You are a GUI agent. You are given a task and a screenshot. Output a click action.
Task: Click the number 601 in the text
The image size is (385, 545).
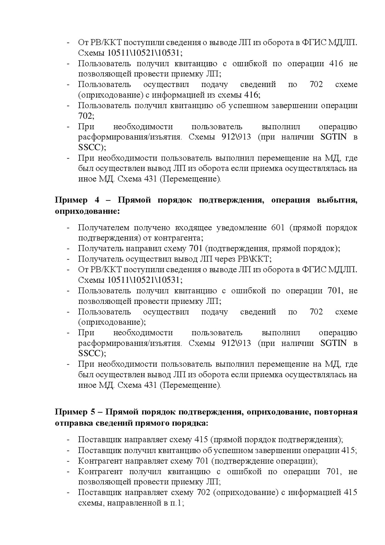pyautogui.click(x=278, y=228)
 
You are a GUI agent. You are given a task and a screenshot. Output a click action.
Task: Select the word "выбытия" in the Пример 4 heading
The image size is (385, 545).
pyautogui.click(x=337, y=200)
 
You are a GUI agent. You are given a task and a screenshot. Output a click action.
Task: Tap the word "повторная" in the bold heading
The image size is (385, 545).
pyautogui.click(x=337, y=412)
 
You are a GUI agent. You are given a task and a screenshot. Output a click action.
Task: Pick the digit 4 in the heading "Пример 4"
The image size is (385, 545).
pyautogui.click(x=97, y=200)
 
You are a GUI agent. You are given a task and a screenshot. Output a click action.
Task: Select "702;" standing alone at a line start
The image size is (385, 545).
pyautogui.click(x=86, y=116)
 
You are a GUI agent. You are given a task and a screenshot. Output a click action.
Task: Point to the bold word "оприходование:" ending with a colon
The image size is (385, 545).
pyautogui.click(x=87, y=211)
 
